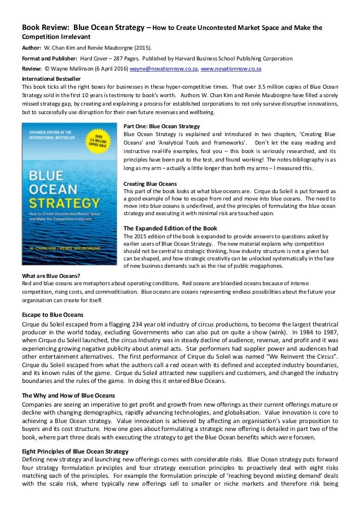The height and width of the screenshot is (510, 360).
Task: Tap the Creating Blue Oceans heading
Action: pyautogui.click(x=150, y=184)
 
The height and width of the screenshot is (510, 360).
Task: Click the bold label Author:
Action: pyautogui.click(x=30, y=47)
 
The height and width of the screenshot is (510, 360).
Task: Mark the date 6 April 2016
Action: pyautogui.click(x=111, y=69)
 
